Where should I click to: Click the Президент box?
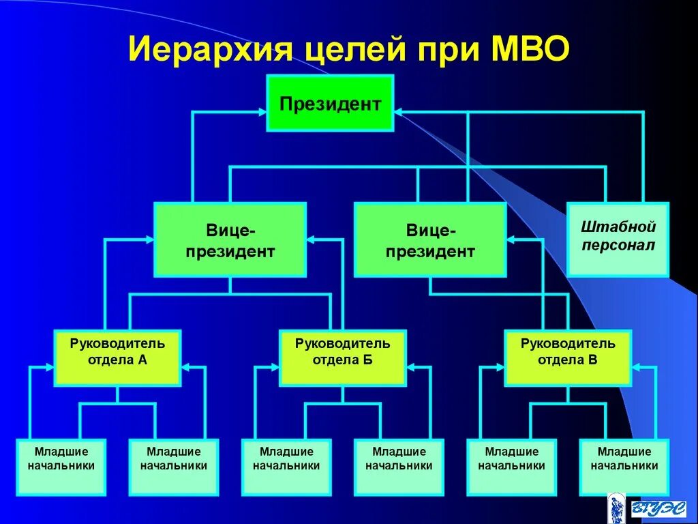(x=330, y=103)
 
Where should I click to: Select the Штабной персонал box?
(x=618, y=239)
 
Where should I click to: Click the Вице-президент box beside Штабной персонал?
(x=430, y=239)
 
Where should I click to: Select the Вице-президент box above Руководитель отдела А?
(x=230, y=239)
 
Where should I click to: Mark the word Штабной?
(x=618, y=227)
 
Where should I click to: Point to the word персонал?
(x=618, y=245)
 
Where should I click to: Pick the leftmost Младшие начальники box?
(x=61, y=467)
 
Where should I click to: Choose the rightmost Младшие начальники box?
(x=624, y=467)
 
